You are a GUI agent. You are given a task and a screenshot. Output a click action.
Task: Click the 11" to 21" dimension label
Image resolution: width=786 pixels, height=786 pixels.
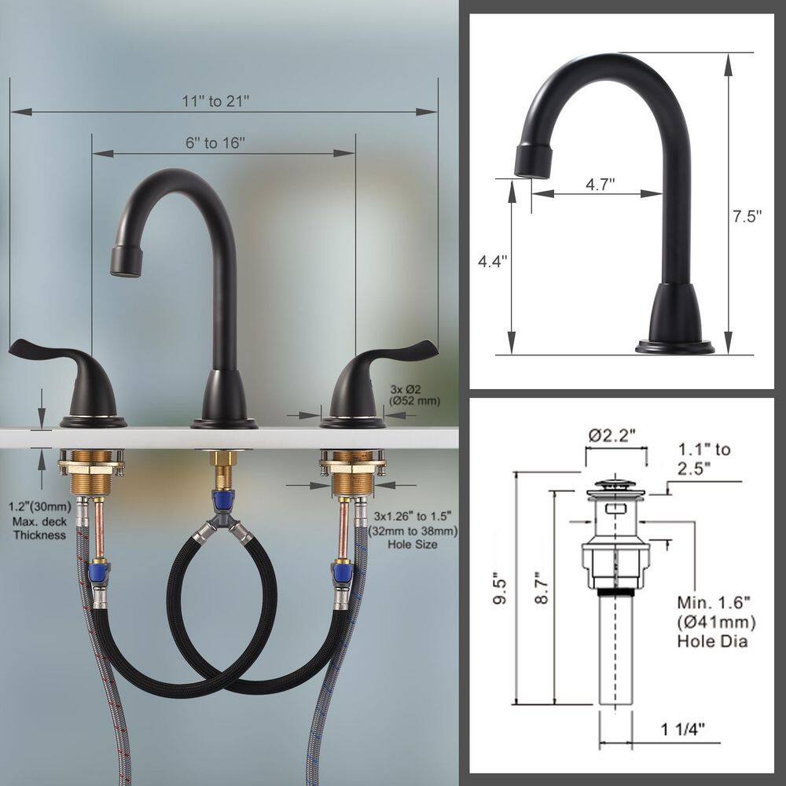pyautogui.click(x=215, y=101)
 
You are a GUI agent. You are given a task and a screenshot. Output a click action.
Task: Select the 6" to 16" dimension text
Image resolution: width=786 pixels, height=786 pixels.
pyautogui.click(x=215, y=143)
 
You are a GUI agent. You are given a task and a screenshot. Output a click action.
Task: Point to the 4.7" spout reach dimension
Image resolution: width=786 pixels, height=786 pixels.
pyautogui.click(x=601, y=183)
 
